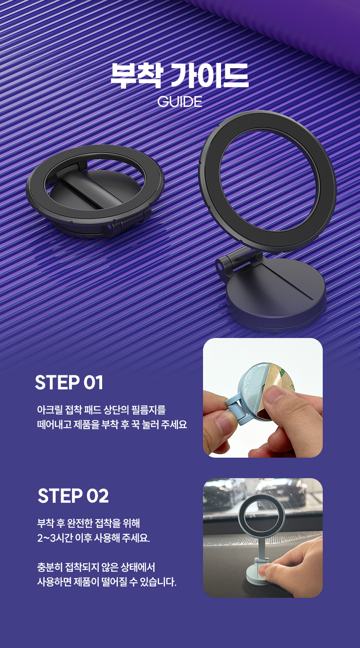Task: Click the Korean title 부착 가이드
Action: pos(180,75)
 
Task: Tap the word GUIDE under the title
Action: pos(180,102)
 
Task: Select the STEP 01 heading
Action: pos(69,382)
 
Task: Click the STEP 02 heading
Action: pos(73,496)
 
